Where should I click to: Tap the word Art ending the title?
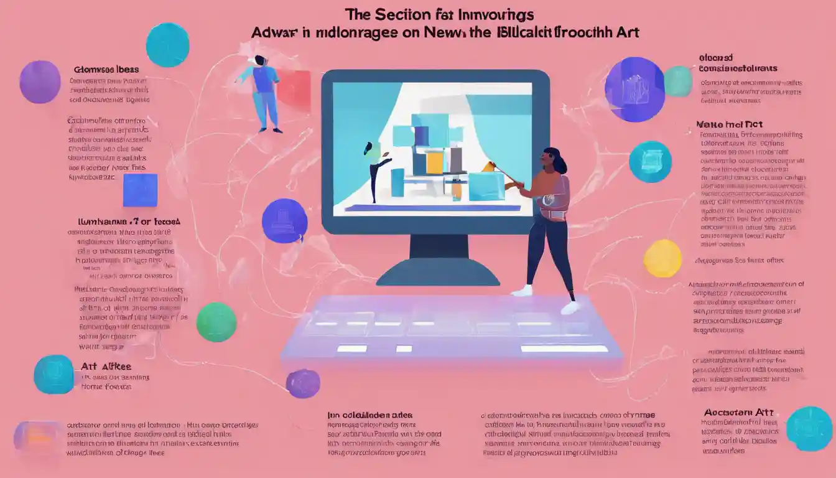(x=626, y=33)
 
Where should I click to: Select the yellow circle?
(x=662, y=258)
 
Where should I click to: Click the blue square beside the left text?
(x=140, y=189)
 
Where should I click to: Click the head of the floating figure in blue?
(x=259, y=60)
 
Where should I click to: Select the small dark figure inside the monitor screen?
(x=374, y=168)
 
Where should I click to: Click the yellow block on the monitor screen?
(x=435, y=163)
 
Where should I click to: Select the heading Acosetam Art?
(x=738, y=412)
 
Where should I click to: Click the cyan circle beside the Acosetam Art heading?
(x=809, y=428)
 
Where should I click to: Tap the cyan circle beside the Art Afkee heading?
(x=54, y=374)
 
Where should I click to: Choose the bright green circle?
(x=216, y=322)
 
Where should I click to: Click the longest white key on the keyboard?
(x=564, y=349)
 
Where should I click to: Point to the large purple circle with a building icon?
(x=634, y=89)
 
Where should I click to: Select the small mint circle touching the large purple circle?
(x=678, y=81)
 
